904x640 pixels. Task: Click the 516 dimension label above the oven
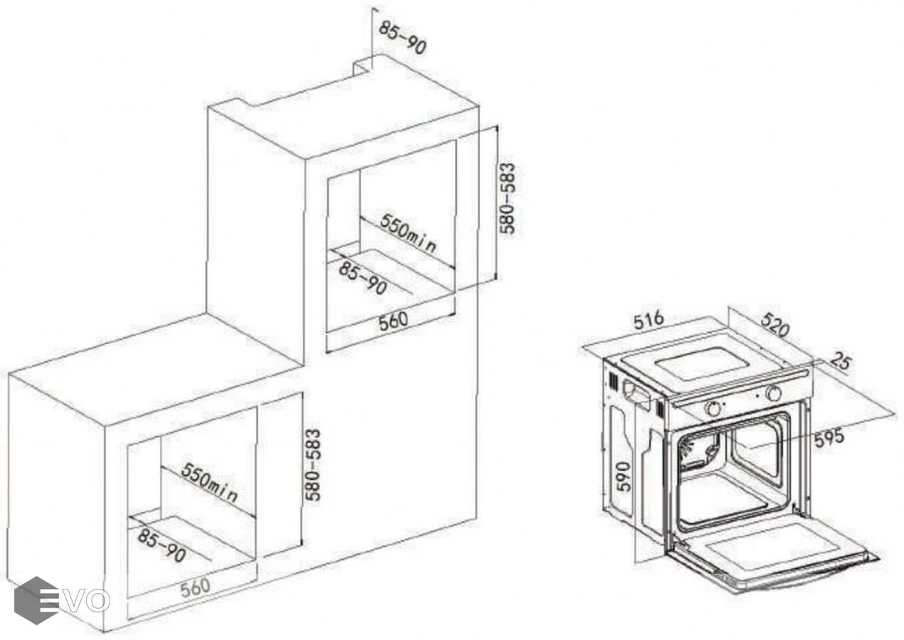[649, 321]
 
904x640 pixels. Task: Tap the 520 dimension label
[775, 324]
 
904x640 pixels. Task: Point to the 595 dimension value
[829, 438]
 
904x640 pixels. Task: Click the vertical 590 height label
[624, 476]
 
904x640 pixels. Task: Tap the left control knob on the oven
[713, 409]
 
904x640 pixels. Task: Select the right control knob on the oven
[773, 393]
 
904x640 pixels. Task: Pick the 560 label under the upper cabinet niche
[393, 321]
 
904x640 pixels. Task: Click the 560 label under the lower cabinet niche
[196, 587]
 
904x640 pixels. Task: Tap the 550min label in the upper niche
[408, 233]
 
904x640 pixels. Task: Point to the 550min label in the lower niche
[208, 482]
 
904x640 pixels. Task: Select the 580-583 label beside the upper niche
[507, 198]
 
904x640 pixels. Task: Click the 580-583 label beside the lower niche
[313, 464]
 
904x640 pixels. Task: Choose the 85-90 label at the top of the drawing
[403, 38]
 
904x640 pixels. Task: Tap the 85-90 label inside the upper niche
[363, 279]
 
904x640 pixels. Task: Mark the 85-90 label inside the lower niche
[161, 545]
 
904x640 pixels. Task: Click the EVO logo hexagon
[36, 600]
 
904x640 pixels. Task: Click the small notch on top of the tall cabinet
[363, 68]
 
